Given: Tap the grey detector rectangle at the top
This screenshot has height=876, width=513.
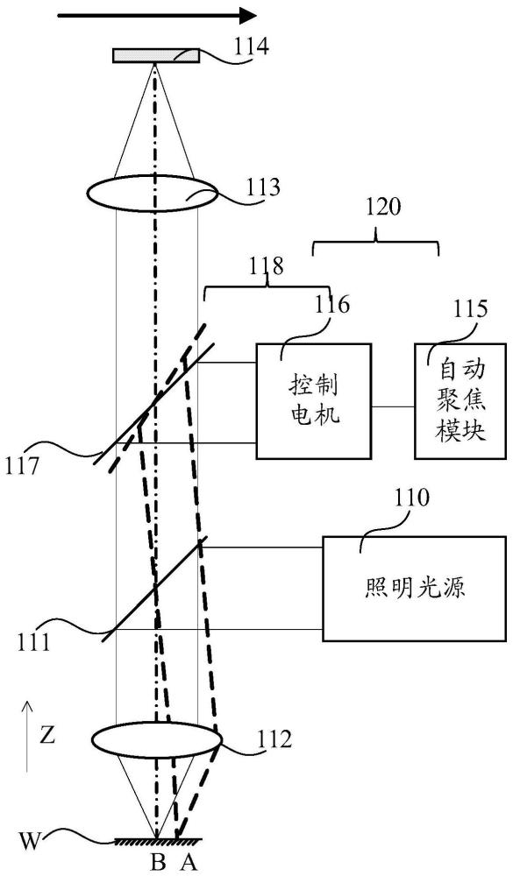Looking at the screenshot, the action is click(156, 56).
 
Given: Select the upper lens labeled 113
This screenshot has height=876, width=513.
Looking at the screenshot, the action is click(153, 194).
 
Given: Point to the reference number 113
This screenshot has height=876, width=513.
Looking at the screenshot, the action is click(260, 187).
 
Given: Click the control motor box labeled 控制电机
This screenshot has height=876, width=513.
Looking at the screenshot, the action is click(313, 401).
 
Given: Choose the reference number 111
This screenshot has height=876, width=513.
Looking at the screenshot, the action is click(32, 644).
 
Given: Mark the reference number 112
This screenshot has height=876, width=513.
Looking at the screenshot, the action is click(272, 741).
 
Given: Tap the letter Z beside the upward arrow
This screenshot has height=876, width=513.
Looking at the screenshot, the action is click(47, 736).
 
